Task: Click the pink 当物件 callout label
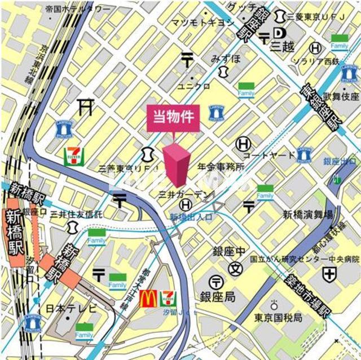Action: [x=173, y=117]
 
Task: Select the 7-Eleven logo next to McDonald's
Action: [x=168, y=297]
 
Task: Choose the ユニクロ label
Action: [x=194, y=86]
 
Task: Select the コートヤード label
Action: [x=269, y=155]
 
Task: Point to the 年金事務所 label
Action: [x=221, y=167]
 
